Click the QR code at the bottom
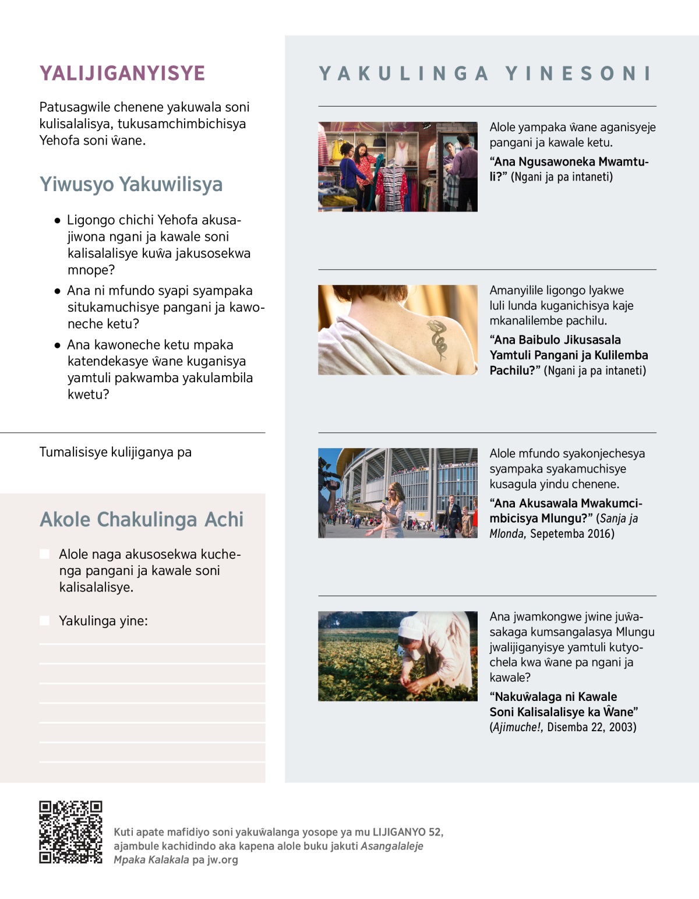(x=70, y=831)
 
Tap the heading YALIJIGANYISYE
(x=122, y=73)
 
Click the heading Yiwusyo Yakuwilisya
(x=131, y=184)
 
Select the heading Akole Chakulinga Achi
(x=142, y=519)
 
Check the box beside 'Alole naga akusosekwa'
(x=45, y=554)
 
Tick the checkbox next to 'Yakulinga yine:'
(x=45, y=621)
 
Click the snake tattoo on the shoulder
(x=438, y=339)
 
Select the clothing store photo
(x=397, y=167)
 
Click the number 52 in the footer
(x=435, y=832)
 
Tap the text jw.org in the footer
(x=223, y=859)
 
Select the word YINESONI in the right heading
(x=578, y=73)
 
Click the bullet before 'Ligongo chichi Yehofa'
(x=57, y=221)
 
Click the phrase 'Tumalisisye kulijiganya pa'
(x=115, y=452)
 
